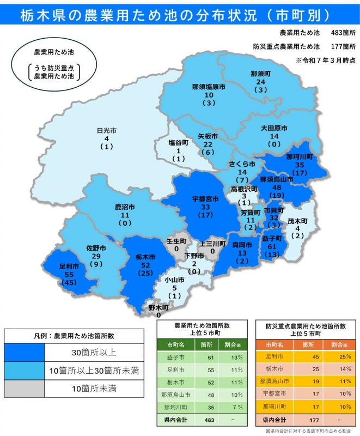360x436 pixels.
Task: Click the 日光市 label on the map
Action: (107, 131)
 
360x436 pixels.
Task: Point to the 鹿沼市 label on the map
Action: (125, 207)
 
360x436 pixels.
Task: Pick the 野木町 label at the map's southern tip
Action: (158, 307)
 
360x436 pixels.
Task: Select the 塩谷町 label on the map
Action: (178, 142)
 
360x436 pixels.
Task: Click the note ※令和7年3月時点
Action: (326, 59)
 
